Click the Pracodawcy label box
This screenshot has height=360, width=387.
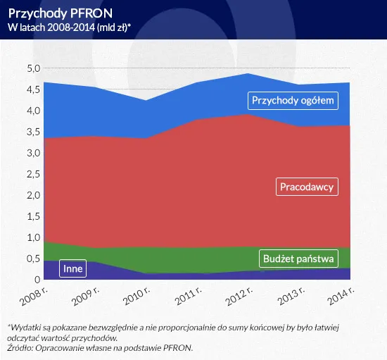click(x=306, y=187)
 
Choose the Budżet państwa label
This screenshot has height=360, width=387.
click(x=298, y=259)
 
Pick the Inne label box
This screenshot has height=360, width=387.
click(x=72, y=268)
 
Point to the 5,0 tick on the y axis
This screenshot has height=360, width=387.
click(x=33, y=68)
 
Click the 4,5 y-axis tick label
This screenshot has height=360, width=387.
click(x=33, y=89)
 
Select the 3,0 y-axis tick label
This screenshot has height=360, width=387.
click(x=33, y=153)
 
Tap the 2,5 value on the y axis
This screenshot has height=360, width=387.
click(x=33, y=174)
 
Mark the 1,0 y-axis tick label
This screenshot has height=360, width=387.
click(x=33, y=237)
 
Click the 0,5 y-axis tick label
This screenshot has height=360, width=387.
click(x=33, y=259)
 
